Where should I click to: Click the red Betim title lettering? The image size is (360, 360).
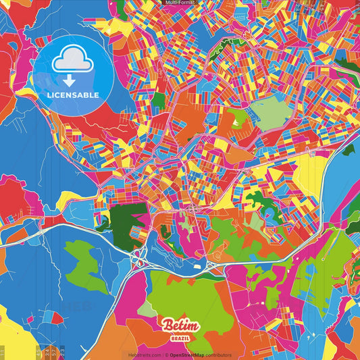point(180,325)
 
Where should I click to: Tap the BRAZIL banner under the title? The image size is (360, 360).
point(180,336)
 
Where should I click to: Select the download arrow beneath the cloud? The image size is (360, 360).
point(69,78)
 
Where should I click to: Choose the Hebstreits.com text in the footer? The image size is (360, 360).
point(143,355)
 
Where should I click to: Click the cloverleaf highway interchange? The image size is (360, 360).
point(141,257)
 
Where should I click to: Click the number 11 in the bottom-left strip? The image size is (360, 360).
point(3,353)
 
